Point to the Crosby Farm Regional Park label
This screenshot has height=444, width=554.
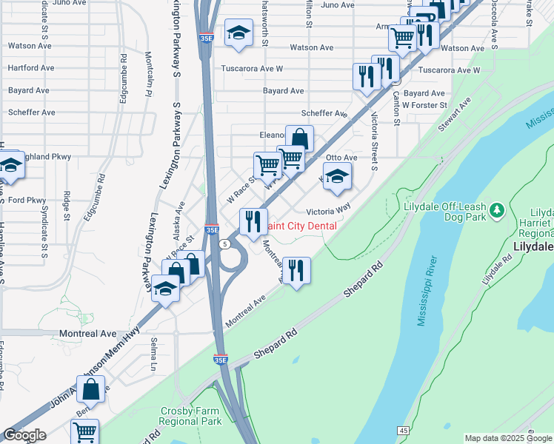click(x=191, y=416)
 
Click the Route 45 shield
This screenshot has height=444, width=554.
click(x=404, y=430)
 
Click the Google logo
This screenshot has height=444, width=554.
click(x=24, y=435)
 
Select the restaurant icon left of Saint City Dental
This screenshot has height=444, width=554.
click(x=253, y=221)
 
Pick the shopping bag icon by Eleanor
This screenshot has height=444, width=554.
click(x=299, y=138)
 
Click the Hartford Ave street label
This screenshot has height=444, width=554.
click(x=31, y=68)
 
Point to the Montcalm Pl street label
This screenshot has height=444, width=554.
click(x=149, y=74)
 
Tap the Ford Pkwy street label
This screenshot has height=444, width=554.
click(x=27, y=200)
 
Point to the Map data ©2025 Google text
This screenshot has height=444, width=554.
click(x=507, y=438)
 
